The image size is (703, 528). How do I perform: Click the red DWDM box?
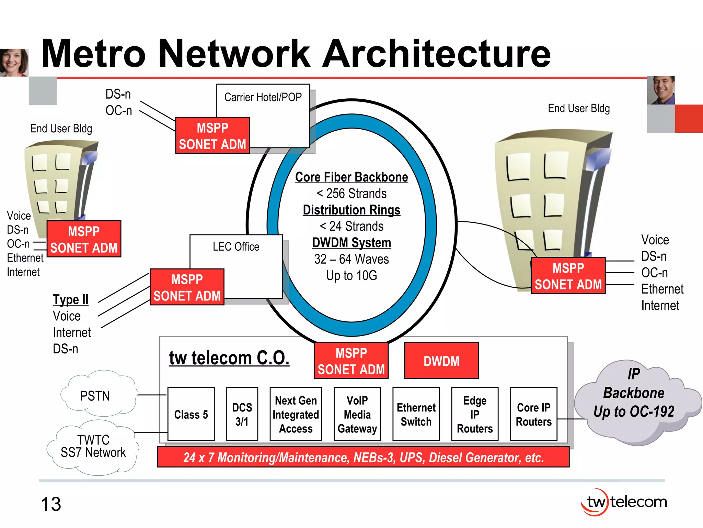441,361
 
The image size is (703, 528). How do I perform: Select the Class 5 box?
191,414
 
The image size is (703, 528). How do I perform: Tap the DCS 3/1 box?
242,414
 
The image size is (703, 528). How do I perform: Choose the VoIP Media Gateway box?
357,414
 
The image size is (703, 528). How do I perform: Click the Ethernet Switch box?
416,414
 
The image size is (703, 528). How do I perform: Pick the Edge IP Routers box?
475,414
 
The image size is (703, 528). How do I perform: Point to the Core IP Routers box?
533,414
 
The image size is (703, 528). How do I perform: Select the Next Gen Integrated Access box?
296,414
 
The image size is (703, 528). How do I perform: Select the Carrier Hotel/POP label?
263,97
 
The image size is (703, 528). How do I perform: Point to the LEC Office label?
236,246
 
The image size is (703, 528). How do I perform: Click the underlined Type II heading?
71,299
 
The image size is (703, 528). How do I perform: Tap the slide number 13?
51,504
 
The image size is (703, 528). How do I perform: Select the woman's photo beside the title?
14,62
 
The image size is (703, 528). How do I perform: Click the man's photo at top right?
661,90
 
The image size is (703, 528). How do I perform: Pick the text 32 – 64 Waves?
351,259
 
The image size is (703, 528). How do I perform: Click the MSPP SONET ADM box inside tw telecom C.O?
351,361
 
